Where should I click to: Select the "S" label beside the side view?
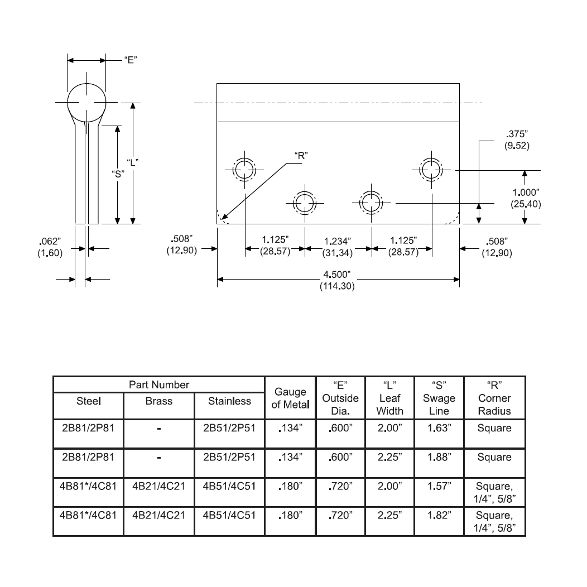(x=118, y=173)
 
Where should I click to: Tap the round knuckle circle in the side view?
(x=87, y=103)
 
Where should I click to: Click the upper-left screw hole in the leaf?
(x=243, y=170)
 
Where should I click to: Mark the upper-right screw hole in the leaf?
(x=431, y=170)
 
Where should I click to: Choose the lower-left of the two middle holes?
(x=305, y=202)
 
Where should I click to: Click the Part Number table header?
(x=159, y=384)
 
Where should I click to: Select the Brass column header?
(x=159, y=401)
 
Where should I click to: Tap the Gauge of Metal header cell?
(x=290, y=398)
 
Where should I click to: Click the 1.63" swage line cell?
(x=439, y=429)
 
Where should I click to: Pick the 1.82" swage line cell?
(x=439, y=515)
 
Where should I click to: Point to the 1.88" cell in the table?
(x=439, y=457)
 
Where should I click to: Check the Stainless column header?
(x=229, y=401)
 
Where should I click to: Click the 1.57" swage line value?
(x=439, y=486)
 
